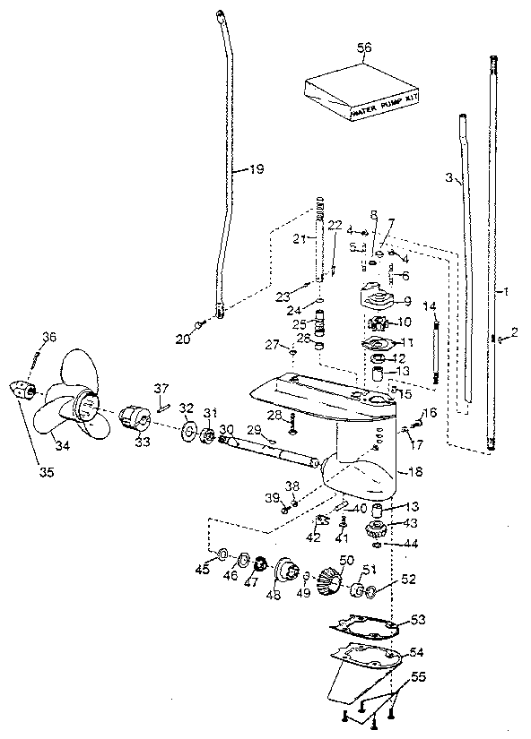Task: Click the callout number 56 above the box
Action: pos(364,50)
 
